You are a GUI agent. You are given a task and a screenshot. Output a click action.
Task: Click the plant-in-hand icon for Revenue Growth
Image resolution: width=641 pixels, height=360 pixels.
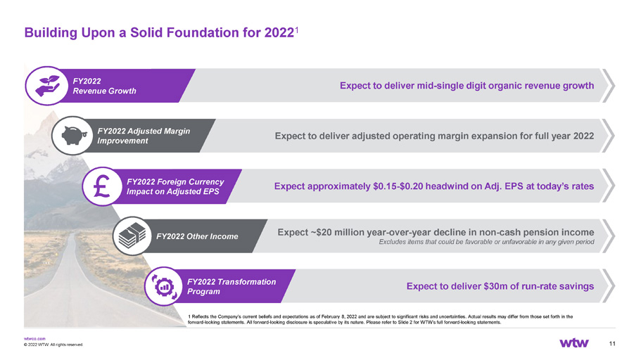(x=46, y=86)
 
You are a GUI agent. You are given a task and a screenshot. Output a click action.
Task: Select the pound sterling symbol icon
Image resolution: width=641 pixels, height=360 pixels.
(x=102, y=186)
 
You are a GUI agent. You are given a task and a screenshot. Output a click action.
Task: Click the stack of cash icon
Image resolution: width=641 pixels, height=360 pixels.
(x=132, y=236)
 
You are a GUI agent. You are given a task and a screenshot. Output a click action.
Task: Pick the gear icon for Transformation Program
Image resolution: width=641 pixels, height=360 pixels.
(x=165, y=286)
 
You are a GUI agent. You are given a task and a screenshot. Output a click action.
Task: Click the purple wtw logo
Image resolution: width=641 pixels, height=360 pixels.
(x=574, y=343)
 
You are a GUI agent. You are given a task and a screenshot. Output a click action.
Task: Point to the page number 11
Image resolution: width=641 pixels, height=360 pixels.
(x=612, y=344)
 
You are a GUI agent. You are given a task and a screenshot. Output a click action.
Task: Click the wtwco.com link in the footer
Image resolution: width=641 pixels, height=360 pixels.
(x=34, y=339)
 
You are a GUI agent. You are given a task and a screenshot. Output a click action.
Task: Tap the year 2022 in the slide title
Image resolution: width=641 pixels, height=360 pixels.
(x=279, y=32)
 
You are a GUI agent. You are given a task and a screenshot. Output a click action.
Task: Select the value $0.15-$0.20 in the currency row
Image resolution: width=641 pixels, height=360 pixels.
(x=398, y=186)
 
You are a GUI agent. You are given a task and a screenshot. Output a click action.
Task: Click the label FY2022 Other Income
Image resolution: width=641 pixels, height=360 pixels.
(x=197, y=236)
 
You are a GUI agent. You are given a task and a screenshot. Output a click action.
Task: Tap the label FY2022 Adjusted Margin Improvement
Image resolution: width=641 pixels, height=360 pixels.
(x=144, y=136)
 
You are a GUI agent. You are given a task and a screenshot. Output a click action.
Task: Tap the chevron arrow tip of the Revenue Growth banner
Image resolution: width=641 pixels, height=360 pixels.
(x=614, y=86)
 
